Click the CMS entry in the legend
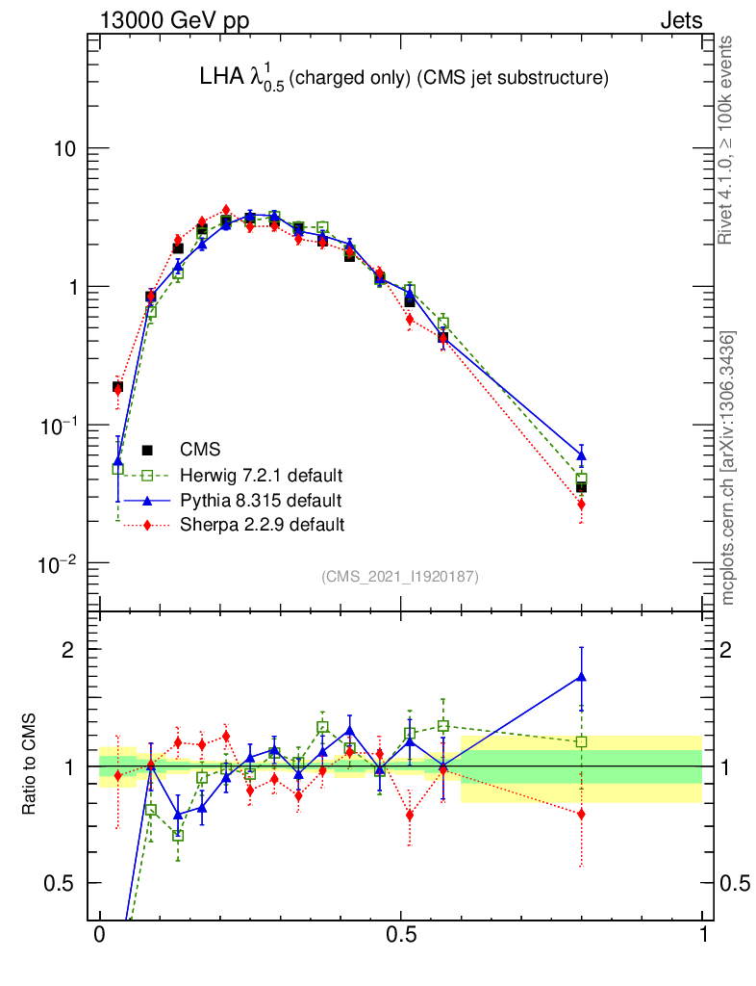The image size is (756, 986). [x=199, y=450]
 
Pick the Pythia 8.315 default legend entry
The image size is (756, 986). [x=260, y=501]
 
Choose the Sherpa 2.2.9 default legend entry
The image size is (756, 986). [x=262, y=525]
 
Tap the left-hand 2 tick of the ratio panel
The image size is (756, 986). [x=67, y=649]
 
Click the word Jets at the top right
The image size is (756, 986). [x=680, y=21]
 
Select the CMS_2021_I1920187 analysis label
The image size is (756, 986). [x=400, y=576]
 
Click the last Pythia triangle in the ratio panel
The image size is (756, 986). [x=581, y=677]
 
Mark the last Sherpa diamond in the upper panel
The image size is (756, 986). [x=581, y=504]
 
